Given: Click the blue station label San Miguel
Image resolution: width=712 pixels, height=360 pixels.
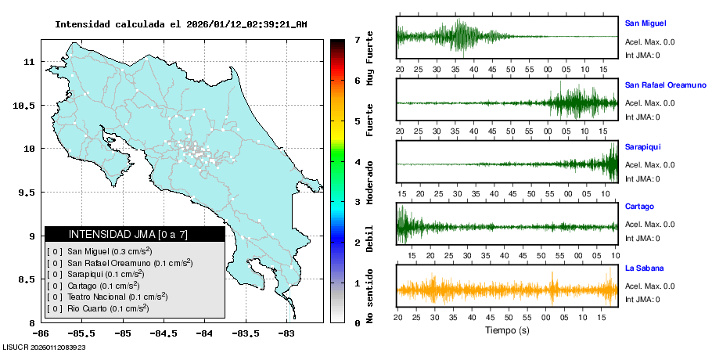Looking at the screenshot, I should tap(645, 23).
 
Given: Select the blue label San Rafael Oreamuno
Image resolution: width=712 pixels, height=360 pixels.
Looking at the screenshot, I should tap(665, 84).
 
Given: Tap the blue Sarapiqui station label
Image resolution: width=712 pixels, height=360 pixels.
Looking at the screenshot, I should tap(642, 146).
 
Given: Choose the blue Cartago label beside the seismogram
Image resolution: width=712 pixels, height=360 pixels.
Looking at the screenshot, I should tap(639, 207).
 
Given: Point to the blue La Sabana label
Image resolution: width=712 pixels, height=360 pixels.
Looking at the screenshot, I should tap(644, 268).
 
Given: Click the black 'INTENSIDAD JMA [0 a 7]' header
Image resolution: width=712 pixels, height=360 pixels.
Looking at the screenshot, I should tap(134, 234).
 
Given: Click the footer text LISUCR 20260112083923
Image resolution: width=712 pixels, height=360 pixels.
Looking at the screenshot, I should tap(44, 347).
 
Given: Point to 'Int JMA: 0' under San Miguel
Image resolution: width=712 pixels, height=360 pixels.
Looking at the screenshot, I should tap(642, 55).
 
